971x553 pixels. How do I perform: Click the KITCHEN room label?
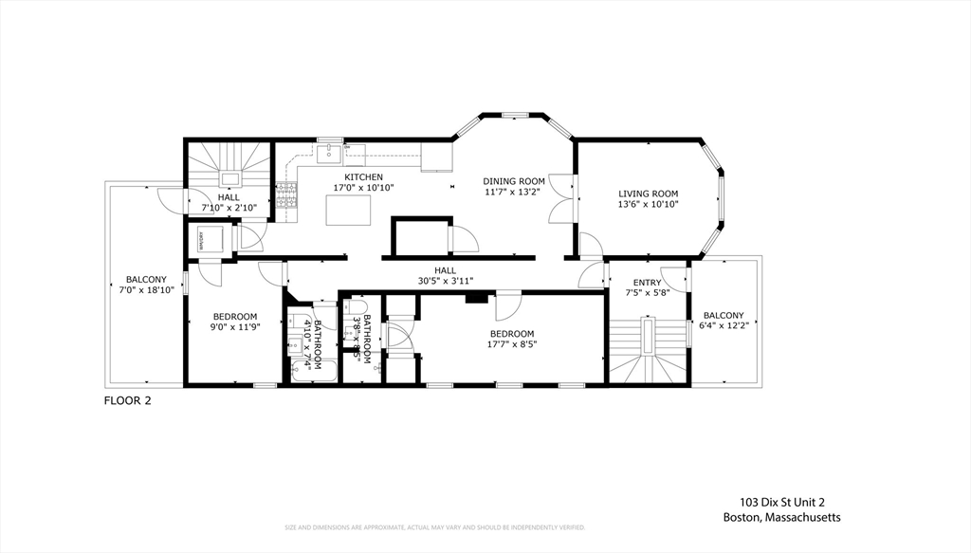point(363,177)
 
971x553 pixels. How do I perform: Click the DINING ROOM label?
point(514,181)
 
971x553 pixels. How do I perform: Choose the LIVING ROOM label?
point(649,194)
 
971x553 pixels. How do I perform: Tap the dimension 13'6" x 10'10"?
point(649,205)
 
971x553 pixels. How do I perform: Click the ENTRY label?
point(648,283)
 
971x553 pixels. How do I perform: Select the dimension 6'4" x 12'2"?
point(724,327)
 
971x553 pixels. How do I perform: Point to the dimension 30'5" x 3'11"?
point(445,281)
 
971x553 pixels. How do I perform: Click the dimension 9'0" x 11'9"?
point(234,328)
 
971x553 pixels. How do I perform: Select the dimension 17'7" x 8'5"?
point(512,345)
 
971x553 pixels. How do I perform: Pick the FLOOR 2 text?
point(127,400)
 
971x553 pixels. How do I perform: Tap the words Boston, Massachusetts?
point(781,517)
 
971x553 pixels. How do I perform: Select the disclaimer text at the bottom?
point(435,527)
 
